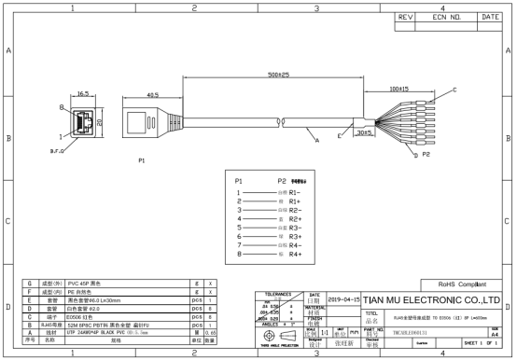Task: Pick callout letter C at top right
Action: (454, 90)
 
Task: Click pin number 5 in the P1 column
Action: (239, 227)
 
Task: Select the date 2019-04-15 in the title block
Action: (342, 300)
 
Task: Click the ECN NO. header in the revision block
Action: (442, 17)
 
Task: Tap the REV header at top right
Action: (406, 17)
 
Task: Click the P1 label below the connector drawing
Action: (142, 160)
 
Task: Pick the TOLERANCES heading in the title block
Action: (280, 293)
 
